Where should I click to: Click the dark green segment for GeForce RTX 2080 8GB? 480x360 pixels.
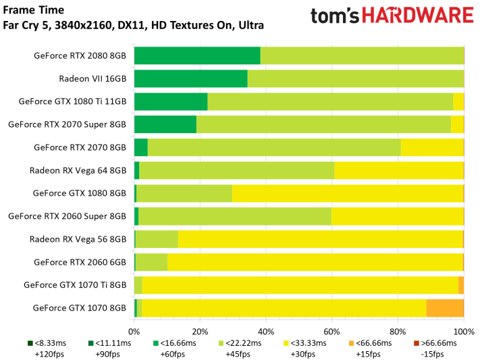pyautogui.click(x=197, y=56)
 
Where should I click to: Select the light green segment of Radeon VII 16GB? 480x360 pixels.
pyautogui.click(x=355, y=78)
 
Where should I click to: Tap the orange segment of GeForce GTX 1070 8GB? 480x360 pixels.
pyautogui.click(x=445, y=307)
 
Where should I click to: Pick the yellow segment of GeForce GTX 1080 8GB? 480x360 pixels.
pyautogui.click(x=348, y=193)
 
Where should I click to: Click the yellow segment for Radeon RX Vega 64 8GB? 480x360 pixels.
pyautogui.click(x=399, y=170)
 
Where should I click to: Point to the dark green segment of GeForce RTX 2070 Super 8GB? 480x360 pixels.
pyautogui.click(x=165, y=124)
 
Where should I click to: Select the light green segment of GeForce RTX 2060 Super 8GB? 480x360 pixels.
pyautogui.click(x=235, y=216)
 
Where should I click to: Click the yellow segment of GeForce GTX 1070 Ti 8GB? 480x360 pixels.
pyautogui.click(x=300, y=284)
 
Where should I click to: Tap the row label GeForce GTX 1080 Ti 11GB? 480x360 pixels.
pyautogui.click(x=72, y=102)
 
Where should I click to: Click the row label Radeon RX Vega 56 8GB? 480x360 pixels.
pyautogui.click(x=78, y=239)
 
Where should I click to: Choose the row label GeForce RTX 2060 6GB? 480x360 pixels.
pyautogui.click(x=80, y=262)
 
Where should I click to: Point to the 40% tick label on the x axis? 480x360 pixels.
pyautogui.click(x=266, y=332)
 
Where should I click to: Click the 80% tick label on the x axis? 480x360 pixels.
pyautogui.click(x=398, y=332)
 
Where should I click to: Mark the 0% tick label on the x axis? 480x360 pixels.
pyautogui.click(x=134, y=332)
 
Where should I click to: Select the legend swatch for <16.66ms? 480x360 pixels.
pyautogui.click(x=155, y=344)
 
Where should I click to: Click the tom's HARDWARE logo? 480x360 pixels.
pyautogui.click(x=392, y=18)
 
